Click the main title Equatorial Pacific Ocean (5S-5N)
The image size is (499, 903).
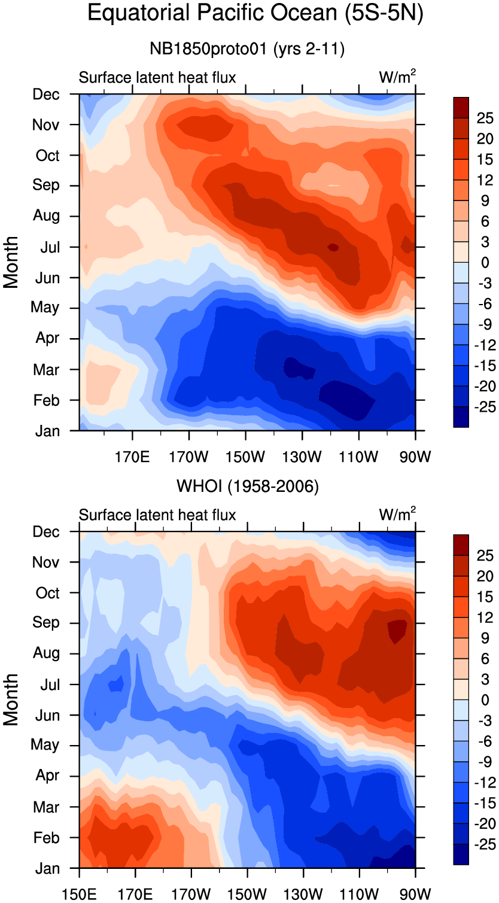(x=255, y=13)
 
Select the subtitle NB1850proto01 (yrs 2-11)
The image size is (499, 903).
(x=247, y=49)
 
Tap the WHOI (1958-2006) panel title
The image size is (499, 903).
(x=247, y=487)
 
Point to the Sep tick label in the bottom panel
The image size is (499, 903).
(x=46, y=623)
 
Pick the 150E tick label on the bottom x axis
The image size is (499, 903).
(x=80, y=893)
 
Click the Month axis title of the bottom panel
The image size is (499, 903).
(x=11, y=700)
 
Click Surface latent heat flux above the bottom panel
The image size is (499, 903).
(x=157, y=515)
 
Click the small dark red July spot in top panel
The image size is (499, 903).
(x=333, y=247)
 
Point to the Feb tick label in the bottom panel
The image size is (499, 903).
(x=47, y=838)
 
